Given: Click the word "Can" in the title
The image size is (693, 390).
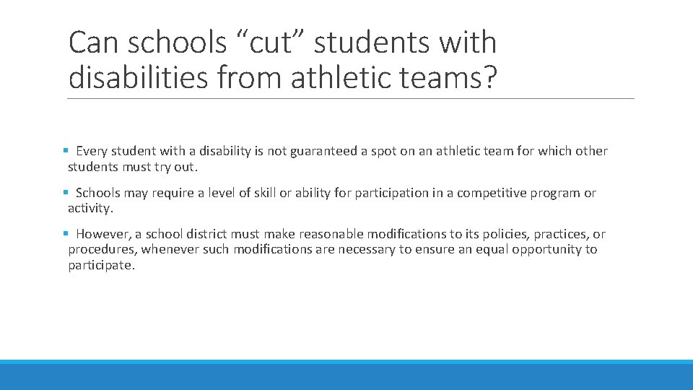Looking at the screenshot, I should click(94, 43).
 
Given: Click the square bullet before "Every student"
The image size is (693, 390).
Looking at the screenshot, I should click(66, 151).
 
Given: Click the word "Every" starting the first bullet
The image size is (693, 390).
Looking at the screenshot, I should click(91, 151).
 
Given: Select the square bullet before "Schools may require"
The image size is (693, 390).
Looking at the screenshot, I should click(66, 193).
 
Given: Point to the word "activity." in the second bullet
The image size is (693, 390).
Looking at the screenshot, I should click(90, 209).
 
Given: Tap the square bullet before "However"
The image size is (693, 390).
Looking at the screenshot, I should click(66, 234).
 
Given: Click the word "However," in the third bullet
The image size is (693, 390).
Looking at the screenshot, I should click(101, 234).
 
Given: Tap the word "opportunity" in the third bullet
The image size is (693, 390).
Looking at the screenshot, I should click(546, 250).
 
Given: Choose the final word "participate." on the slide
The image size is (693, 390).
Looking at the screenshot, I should click(101, 265).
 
